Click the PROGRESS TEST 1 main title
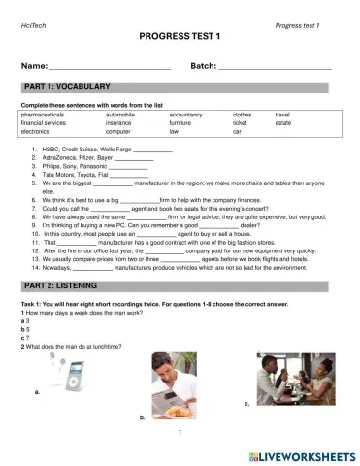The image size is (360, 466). click(x=180, y=35)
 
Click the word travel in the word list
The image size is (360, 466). click(x=282, y=114)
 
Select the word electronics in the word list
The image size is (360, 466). click(x=35, y=130)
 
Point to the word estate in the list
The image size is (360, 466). click(x=282, y=122)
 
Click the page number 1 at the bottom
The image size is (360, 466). click(x=180, y=432)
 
